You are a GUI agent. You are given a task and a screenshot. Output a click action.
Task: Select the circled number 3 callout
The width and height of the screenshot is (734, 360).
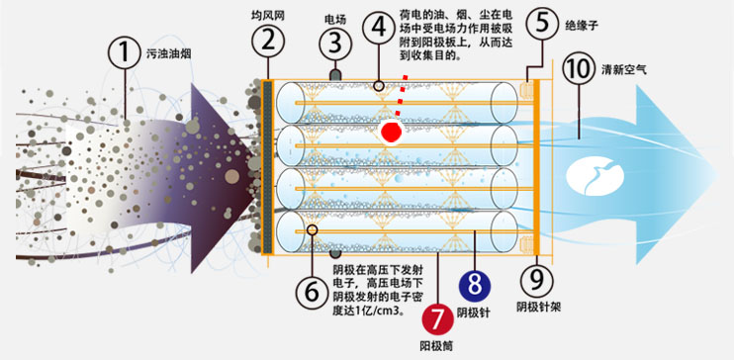pos(335,45)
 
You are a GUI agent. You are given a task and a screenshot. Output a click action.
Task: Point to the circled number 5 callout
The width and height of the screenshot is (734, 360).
pos(542,24)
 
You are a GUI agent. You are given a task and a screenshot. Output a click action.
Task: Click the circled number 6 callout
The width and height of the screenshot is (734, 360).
pos(312,292)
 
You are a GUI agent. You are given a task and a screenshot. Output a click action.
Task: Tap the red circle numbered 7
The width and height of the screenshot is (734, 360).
pos(437,319)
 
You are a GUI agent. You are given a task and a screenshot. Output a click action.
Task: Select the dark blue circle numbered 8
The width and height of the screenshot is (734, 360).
pos(475,286)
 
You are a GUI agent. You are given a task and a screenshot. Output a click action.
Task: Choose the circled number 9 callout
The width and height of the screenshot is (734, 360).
pos(537,281)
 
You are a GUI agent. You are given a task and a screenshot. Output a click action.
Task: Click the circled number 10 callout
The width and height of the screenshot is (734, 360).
pos(579,68)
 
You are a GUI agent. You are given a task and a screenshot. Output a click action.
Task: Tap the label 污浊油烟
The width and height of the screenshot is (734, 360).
pos(168,54)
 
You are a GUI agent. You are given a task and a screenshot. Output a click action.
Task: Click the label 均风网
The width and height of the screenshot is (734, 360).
pos(268,16)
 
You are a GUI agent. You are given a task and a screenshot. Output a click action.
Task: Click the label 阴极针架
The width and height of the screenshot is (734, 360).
pos(539,308)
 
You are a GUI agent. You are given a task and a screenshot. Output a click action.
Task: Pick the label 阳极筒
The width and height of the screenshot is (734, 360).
pos(437,346)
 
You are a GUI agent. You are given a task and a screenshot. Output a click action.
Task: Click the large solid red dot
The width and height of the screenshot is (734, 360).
pos(392,133)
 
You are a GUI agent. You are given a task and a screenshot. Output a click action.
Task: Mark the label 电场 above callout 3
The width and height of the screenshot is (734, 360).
pos(335,20)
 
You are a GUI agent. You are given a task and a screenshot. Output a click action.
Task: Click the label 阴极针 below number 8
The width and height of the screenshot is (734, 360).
pos(473,313)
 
